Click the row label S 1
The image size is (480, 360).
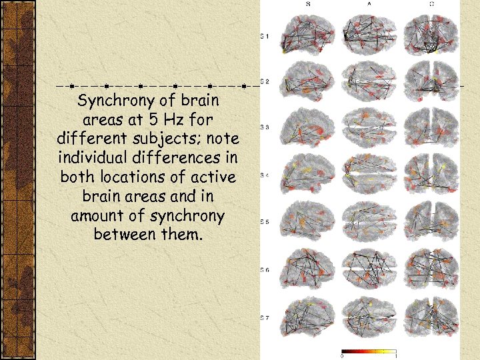coord(265,35)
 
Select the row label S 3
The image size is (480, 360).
coord(265,127)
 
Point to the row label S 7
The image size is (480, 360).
coord(265,318)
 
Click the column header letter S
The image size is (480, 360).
coord(307,4)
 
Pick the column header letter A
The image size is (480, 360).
coord(369,4)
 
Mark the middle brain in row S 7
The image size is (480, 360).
coord(369,317)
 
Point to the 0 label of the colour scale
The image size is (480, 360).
coord(342,357)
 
